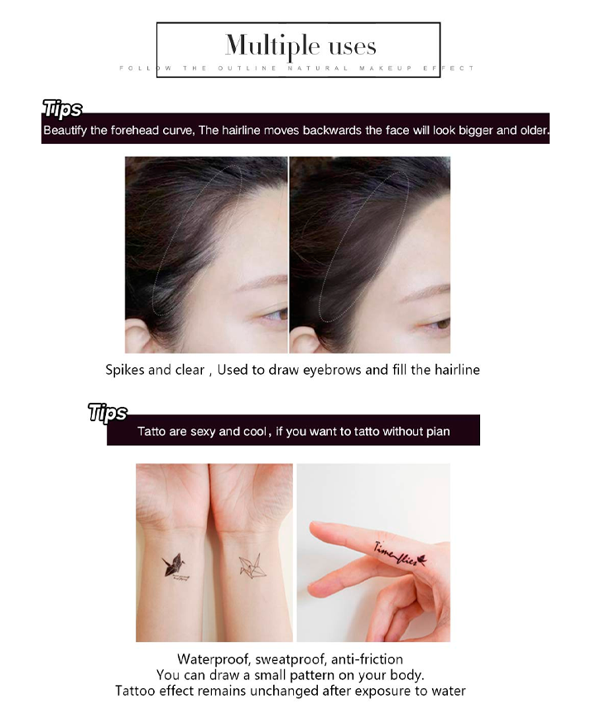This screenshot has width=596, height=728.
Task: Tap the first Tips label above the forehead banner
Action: (x=62, y=109)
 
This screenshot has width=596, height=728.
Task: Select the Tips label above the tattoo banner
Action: (x=108, y=413)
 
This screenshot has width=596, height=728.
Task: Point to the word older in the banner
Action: (x=534, y=130)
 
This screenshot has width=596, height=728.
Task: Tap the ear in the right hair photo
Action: (x=303, y=339)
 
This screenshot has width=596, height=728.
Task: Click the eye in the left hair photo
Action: (x=276, y=316)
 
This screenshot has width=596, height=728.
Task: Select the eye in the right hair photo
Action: (x=438, y=323)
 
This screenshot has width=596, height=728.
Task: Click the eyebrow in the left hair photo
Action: (x=262, y=282)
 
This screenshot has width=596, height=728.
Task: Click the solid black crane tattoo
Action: (x=174, y=565)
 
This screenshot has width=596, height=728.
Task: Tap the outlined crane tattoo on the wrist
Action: (x=252, y=567)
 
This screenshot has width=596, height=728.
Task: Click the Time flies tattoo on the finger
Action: (x=401, y=553)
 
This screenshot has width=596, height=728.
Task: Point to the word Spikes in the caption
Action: (x=124, y=370)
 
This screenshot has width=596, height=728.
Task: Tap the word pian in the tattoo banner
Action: (x=438, y=432)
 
